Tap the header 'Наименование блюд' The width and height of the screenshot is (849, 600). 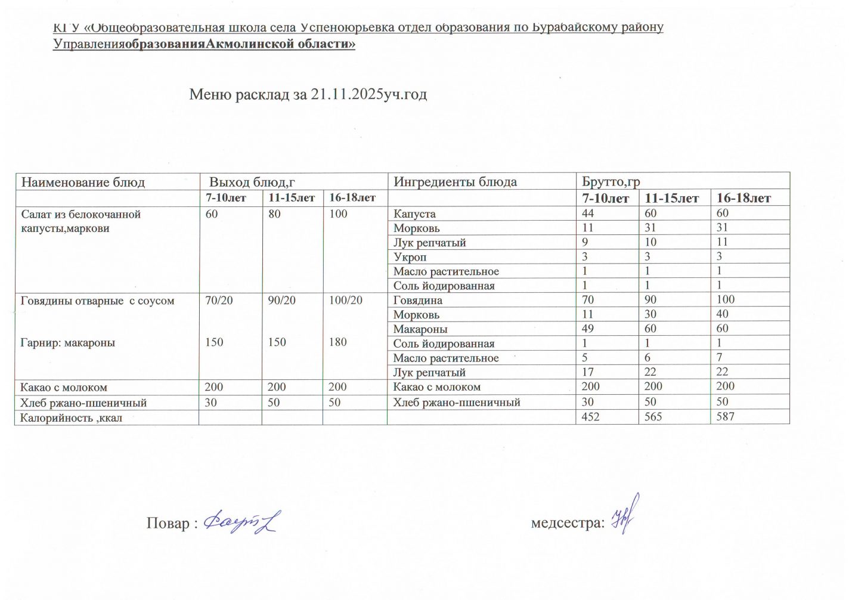point(83,183)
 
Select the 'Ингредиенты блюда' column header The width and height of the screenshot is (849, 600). point(455,182)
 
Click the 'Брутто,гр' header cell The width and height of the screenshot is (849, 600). point(611,182)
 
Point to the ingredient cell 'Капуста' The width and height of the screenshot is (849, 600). point(414,214)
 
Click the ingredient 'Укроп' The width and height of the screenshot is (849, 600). point(410,257)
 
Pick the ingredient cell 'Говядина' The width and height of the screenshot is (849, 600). point(417,300)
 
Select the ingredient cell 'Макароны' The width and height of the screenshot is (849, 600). point(420,329)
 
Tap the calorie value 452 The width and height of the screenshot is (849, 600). point(590,416)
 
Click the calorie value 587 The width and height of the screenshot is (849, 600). point(725,416)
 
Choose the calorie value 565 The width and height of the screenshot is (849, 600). point(653,416)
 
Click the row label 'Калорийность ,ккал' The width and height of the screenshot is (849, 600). point(71,417)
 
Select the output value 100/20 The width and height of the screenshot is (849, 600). point(346,300)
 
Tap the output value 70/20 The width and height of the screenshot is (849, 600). point(219,300)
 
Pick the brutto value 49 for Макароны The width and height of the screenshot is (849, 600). point(588,328)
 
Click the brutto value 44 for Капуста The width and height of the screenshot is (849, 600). point(588,213)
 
